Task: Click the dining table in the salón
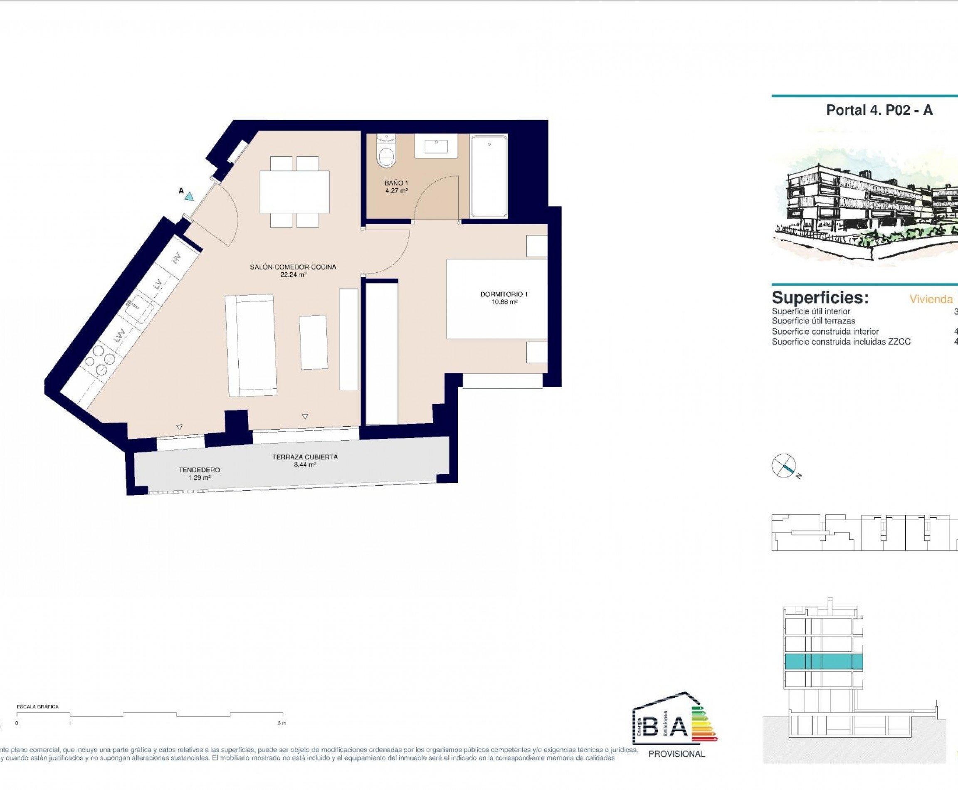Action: (294, 191)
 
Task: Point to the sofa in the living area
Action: (251, 345)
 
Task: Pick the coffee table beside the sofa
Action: (314, 342)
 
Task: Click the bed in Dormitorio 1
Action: (496, 299)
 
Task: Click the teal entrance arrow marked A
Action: (189, 197)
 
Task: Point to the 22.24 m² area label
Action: (293, 275)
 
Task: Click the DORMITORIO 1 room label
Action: (504, 294)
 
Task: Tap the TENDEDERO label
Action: (199, 469)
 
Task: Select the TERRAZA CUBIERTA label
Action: (305, 457)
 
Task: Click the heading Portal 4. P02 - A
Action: (879, 110)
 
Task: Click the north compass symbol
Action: (784, 466)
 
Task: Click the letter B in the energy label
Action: (651, 727)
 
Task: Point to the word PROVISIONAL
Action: (676, 754)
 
